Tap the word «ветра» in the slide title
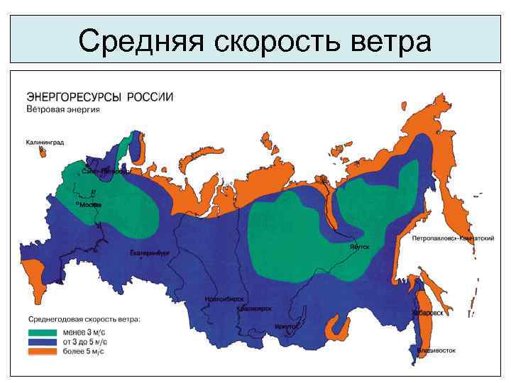(x=390, y=40)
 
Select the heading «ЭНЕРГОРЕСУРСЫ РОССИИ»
(x=100, y=96)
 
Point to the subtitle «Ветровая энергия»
(x=63, y=110)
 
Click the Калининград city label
(x=45, y=143)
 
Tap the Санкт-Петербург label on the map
(x=104, y=172)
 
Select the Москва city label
(x=90, y=205)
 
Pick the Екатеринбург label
(x=150, y=253)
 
